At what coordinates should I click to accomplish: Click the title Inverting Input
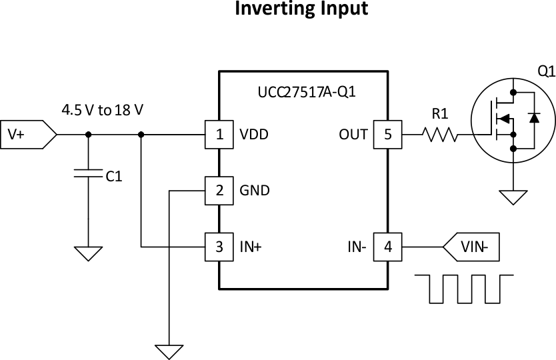(301, 9)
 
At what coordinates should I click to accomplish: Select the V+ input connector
(27, 135)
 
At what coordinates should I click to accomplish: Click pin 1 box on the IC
(219, 135)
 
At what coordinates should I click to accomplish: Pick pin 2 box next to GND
(219, 191)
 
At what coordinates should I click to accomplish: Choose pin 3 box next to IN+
(219, 247)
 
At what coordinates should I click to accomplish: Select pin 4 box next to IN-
(388, 247)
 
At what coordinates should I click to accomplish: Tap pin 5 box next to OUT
(388, 135)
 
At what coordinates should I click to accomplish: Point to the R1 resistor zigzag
(440, 135)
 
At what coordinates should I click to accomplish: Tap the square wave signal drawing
(464, 288)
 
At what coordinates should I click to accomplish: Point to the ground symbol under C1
(88, 253)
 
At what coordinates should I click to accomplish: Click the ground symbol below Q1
(513, 197)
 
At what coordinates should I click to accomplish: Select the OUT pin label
(353, 135)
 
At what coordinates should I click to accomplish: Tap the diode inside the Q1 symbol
(533, 117)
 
